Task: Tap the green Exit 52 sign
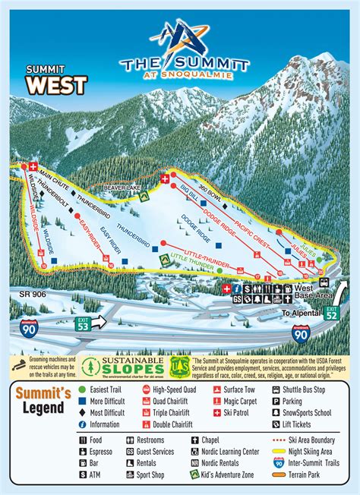click(x=331, y=312)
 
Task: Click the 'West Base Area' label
click(x=311, y=293)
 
